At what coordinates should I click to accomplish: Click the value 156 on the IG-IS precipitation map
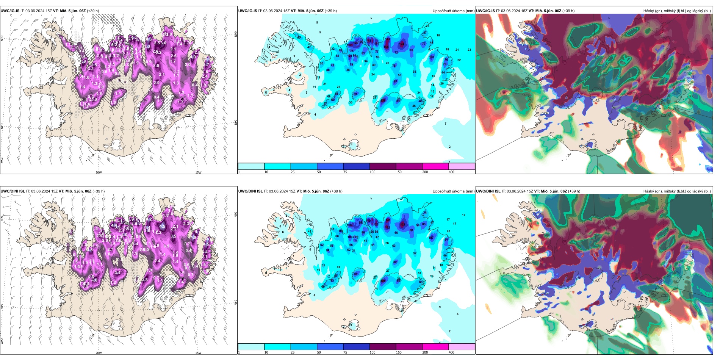(x=386, y=47)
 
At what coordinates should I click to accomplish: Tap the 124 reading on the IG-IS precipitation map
(x=402, y=44)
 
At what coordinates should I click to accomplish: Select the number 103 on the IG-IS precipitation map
(x=432, y=57)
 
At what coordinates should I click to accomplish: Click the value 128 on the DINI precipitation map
(x=383, y=281)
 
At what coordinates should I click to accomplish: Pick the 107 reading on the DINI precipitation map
(x=431, y=238)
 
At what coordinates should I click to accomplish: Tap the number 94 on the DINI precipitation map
(x=327, y=250)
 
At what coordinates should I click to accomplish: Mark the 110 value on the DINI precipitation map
(x=349, y=225)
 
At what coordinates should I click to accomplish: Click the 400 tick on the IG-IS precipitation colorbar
(x=451, y=172)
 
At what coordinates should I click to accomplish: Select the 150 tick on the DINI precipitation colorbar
(x=399, y=352)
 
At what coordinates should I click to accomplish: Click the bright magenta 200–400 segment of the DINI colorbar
(x=435, y=347)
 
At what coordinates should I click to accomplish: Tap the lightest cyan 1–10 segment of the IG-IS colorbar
(x=251, y=166)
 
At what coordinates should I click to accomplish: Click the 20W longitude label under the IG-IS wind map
(x=99, y=172)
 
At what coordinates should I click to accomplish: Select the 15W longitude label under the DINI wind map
(x=198, y=353)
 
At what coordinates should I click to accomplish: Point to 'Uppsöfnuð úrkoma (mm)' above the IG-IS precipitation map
(x=453, y=11)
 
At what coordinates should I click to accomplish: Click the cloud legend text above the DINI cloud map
(x=677, y=191)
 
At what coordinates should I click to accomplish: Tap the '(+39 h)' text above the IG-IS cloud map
(x=568, y=11)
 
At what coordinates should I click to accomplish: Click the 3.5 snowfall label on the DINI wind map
(x=173, y=236)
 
